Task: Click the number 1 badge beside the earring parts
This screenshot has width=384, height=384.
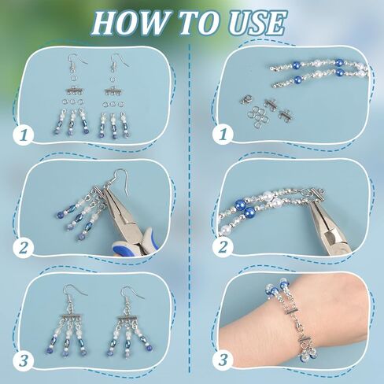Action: (x=24, y=135)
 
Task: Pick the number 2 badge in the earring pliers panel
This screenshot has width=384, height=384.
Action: (x=24, y=247)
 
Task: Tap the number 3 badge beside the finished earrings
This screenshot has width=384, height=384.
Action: (x=24, y=360)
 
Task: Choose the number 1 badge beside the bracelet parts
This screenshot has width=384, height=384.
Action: (x=223, y=135)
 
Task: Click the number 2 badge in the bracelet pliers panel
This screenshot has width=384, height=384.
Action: (x=223, y=247)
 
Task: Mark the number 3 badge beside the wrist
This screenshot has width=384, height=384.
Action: (x=223, y=360)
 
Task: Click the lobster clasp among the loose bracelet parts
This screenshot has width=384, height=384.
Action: (x=246, y=100)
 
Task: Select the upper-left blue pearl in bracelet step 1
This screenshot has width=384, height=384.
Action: (x=297, y=65)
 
